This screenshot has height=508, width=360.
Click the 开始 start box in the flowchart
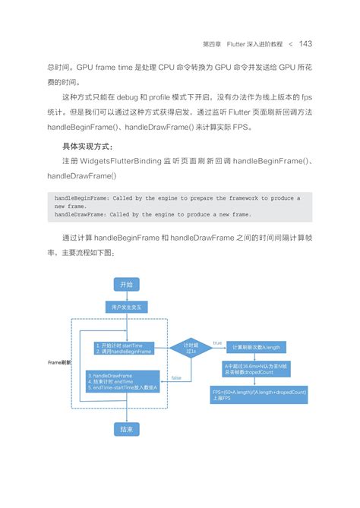pos(126,284)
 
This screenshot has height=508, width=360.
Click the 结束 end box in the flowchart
pos(126,429)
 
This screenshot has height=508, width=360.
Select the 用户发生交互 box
pos(126,308)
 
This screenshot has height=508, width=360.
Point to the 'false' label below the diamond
pos(176,377)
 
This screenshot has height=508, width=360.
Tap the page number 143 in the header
pos(305,43)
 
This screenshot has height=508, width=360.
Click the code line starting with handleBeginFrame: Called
pos(175,197)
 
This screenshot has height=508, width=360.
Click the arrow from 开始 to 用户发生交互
pos(126,295)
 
